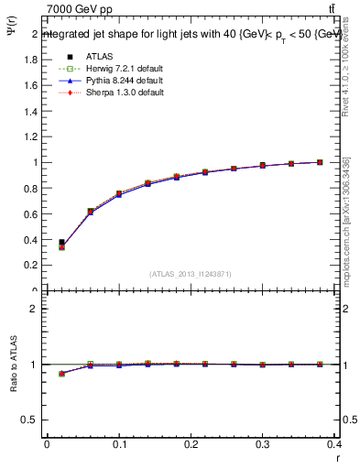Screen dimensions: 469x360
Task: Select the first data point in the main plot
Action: [61, 244]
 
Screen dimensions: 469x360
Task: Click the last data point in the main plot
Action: [320, 162]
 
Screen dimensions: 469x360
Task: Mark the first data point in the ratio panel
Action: [61, 374]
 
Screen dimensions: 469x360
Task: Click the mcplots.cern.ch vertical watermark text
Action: [346, 229]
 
